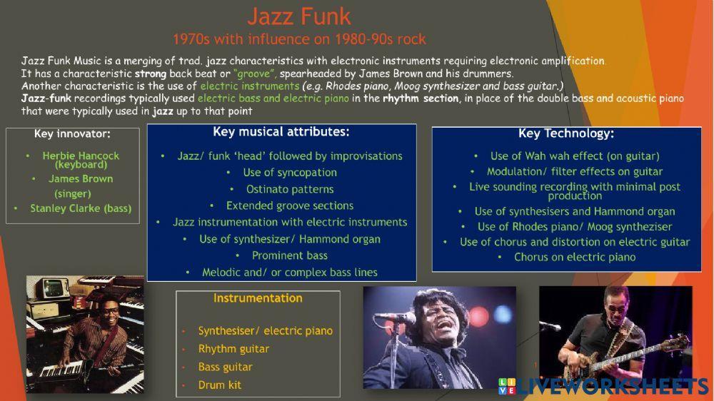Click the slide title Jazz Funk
point(299,16)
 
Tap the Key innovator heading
point(72,133)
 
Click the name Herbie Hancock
point(81,155)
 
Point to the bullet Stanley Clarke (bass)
point(80,208)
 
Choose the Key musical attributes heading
point(281,132)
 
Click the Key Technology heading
point(566,133)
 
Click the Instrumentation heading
point(258,298)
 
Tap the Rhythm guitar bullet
point(233,349)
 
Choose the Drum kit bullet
point(220,385)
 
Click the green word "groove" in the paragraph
point(255,73)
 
